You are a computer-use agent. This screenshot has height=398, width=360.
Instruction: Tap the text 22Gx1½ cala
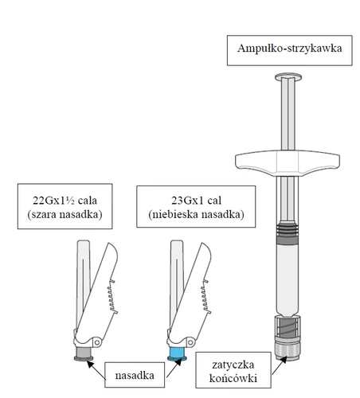[x=65, y=201]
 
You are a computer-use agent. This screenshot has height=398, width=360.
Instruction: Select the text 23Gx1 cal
[x=196, y=201]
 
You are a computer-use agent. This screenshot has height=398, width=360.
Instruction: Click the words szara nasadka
[x=65, y=214]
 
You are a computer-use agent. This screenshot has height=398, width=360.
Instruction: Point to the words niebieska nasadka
[x=196, y=214]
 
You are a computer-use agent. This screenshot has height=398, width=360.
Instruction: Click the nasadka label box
[x=135, y=375]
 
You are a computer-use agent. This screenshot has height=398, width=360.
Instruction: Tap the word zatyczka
[x=233, y=365]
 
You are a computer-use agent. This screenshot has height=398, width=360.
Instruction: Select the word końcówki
[x=233, y=378]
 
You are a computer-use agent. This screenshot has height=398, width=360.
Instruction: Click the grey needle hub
[x=84, y=353]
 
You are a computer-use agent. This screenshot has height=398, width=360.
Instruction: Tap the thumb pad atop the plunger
[x=288, y=77]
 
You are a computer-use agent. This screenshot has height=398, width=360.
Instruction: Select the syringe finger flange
[x=288, y=163]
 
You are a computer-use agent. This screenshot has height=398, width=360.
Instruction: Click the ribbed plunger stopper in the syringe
[x=288, y=234]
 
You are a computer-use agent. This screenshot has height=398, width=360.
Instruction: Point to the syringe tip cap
[x=288, y=349]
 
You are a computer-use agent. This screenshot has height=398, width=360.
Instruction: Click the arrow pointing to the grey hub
[x=96, y=370]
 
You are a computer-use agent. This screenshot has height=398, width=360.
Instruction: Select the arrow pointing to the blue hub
[x=174, y=368]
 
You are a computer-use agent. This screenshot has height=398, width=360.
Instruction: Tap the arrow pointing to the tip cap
[x=280, y=365]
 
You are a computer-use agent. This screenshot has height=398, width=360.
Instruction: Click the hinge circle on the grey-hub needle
[x=97, y=342]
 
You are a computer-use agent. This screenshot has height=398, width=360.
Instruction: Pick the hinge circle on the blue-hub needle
[x=190, y=342]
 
